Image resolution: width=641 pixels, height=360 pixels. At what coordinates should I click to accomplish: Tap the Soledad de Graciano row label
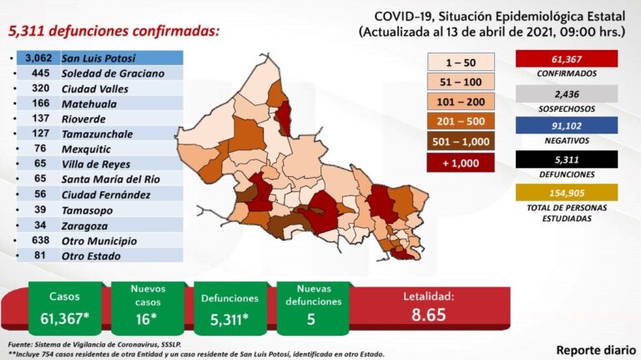coord(111,73)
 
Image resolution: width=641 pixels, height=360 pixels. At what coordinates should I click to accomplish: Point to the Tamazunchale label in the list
coord(98,132)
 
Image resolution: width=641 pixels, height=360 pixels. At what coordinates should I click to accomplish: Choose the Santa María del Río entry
coord(110,178)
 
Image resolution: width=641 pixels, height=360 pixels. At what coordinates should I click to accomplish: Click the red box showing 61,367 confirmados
coord(567,58)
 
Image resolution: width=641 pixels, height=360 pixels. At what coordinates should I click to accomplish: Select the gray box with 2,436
coord(567,94)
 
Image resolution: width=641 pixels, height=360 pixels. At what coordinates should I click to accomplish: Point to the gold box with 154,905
coord(567,192)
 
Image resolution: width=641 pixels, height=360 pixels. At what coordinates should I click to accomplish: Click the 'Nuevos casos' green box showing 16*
coord(148,307)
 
